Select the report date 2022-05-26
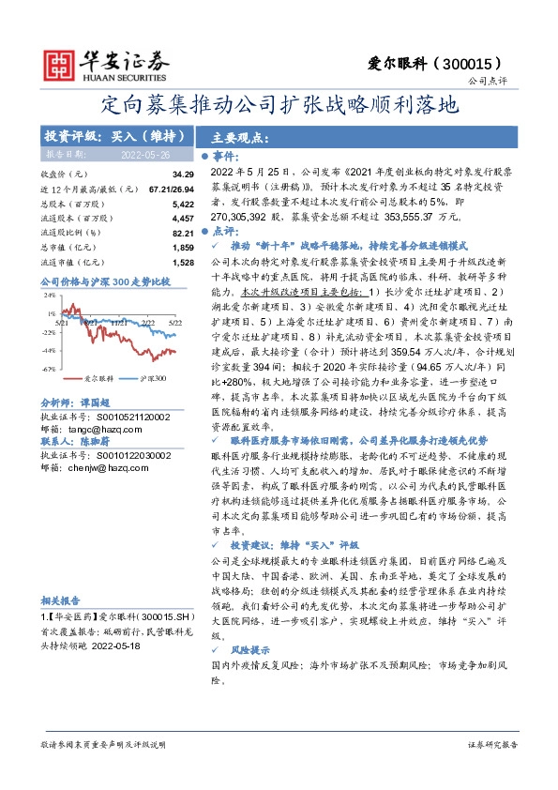coord(145,154)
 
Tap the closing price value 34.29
coord(182,175)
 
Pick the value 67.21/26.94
coord(170,189)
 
